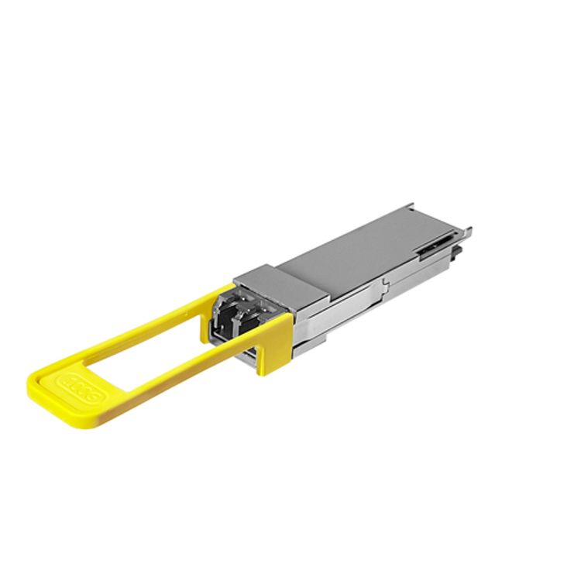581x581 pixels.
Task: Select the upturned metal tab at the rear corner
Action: (x=467, y=230)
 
